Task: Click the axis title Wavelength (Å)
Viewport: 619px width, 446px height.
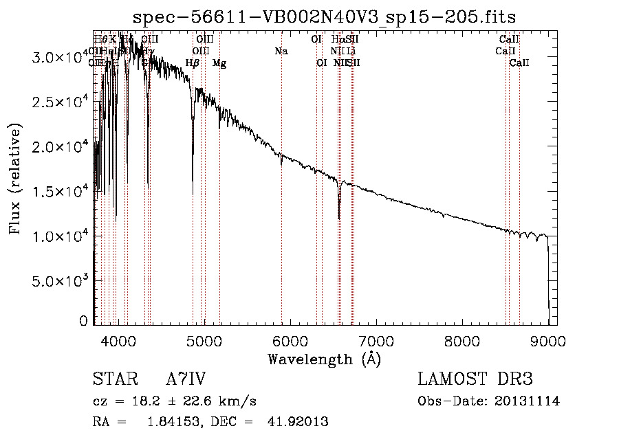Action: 324,359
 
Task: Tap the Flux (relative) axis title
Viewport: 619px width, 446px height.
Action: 16,179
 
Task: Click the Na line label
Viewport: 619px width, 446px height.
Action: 281,52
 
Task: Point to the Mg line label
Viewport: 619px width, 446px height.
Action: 219,63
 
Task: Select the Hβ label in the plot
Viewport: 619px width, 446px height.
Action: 193,63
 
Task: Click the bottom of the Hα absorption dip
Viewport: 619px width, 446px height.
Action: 339,219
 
